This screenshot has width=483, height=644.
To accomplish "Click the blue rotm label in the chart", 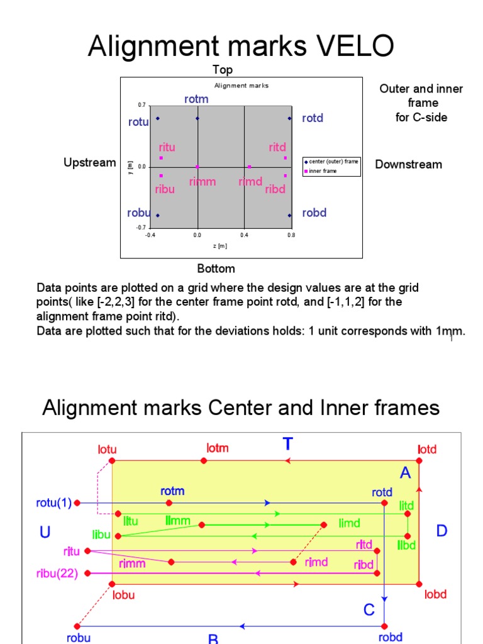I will click(x=196, y=99).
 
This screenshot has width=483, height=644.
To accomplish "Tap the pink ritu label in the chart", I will click(x=167, y=148).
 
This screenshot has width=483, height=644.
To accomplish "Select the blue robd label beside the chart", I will click(x=314, y=213).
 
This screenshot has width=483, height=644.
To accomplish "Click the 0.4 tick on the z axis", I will click(x=244, y=235).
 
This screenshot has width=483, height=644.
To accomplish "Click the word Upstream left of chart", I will click(x=90, y=163).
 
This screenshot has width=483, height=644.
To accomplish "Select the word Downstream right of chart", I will click(x=409, y=165).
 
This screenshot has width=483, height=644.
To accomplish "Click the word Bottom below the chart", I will click(x=216, y=269).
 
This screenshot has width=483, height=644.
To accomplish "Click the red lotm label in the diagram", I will click(x=218, y=448).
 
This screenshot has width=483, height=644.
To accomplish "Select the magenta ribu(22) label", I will click(x=55, y=574).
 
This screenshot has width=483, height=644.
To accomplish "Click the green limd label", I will click(x=350, y=523).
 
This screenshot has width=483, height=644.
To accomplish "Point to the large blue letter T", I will click(x=288, y=445).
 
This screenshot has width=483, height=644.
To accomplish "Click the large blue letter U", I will click(x=45, y=533).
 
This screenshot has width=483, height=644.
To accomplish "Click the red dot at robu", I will click(x=77, y=626).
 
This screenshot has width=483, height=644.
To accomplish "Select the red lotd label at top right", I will click(x=427, y=450).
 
